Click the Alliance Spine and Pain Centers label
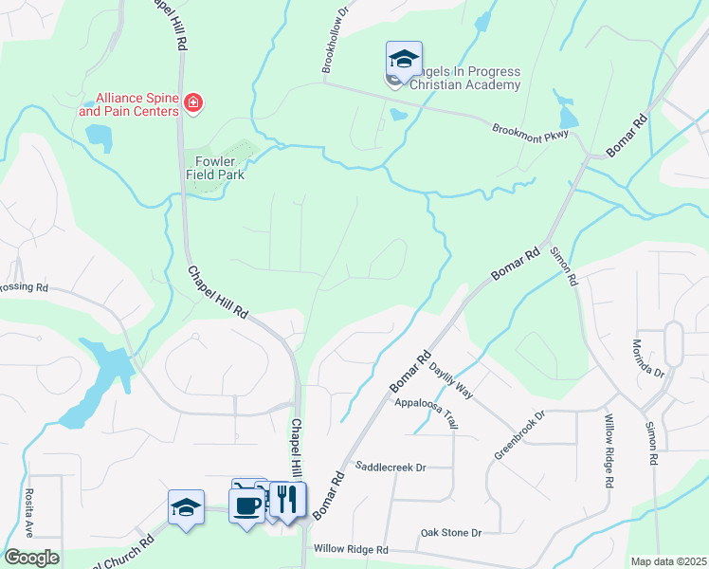(x=129, y=103)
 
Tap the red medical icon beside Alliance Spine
(x=194, y=102)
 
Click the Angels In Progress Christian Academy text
(x=465, y=79)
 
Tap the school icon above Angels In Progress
(x=404, y=60)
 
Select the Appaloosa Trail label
(x=427, y=413)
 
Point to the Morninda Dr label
(x=647, y=358)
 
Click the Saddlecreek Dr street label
(x=391, y=467)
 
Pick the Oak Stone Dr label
(x=451, y=533)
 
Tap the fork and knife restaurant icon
(x=288, y=499)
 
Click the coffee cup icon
(x=247, y=505)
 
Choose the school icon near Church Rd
(x=187, y=507)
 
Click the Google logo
(x=31, y=558)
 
